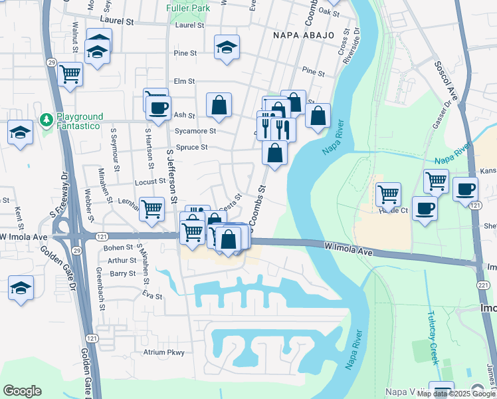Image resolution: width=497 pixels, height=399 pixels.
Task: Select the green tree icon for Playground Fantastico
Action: [47, 120]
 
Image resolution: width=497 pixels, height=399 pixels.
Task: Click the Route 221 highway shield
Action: [483, 285]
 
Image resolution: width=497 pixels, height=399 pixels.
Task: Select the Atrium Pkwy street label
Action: [163, 352]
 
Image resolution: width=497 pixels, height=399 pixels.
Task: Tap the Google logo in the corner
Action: [22, 391]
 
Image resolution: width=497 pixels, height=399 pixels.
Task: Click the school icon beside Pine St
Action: [227, 47]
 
